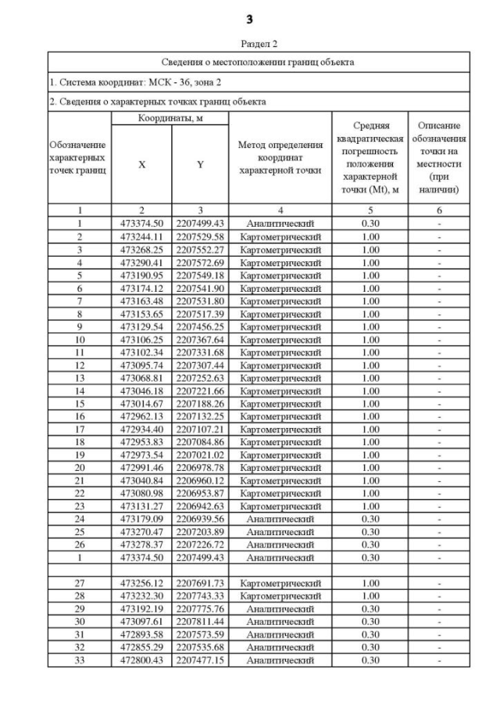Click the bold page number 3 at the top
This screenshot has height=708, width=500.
249,17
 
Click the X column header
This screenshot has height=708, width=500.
141,165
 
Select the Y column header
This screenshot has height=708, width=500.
200,165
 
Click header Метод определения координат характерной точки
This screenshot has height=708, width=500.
280,159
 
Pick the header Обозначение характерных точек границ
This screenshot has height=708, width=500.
79,159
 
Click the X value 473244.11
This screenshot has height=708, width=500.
141,237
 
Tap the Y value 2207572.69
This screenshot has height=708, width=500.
200,262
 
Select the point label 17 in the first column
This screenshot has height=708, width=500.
79,429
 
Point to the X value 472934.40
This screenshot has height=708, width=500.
141,429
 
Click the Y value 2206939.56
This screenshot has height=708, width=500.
200,519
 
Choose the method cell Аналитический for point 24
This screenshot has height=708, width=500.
280,519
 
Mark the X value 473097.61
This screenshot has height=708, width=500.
141,621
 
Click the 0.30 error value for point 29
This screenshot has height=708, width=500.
371,609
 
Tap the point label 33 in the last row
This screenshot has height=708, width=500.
79,659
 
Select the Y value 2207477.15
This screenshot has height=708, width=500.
200,659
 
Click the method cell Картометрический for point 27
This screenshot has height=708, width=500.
280,583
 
